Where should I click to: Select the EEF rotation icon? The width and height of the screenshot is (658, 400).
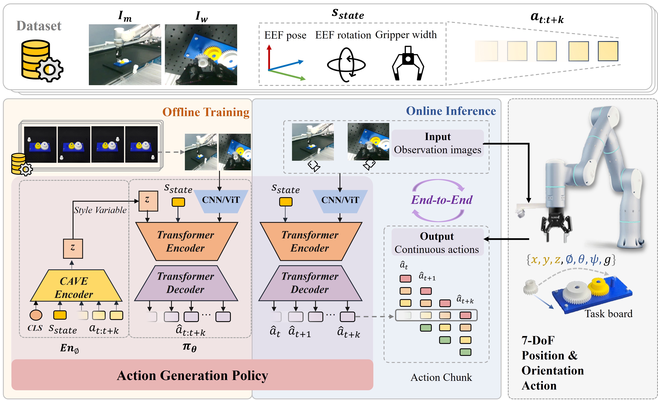pyautogui.click(x=346, y=65)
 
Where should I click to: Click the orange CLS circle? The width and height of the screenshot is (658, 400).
pyautogui.click(x=36, y=315)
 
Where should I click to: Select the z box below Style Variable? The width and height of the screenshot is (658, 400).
pyautogui.click(x=73, y=248)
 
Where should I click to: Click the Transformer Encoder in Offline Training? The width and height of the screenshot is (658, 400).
pyautogui.click(x=186, y=241)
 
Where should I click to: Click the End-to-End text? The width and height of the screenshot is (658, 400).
pyautogui.click(x=441, y=200)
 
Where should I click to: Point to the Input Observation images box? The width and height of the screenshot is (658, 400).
pyautogui.click(x=437, y=143)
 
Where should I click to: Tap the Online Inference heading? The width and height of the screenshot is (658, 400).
pyautogui.click(x=451, y=111)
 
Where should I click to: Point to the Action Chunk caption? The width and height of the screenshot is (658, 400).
pyautogui.click(x=441, y=377)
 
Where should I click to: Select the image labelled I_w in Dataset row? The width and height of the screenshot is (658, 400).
pyautogui.click(x=201, y=55)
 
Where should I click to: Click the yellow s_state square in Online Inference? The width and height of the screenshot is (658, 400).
pyautogui.click(x=286, y=202)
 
